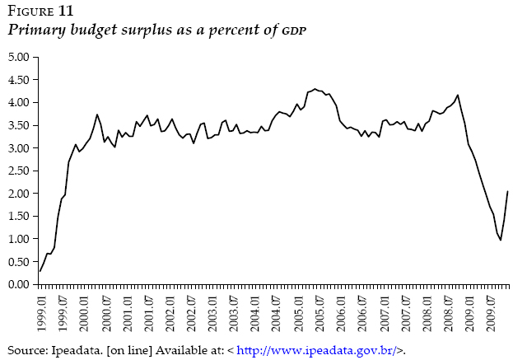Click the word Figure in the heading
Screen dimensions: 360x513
29,11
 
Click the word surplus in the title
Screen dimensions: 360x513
125,30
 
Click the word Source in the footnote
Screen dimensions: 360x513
25,349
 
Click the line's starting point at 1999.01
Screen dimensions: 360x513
40,271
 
